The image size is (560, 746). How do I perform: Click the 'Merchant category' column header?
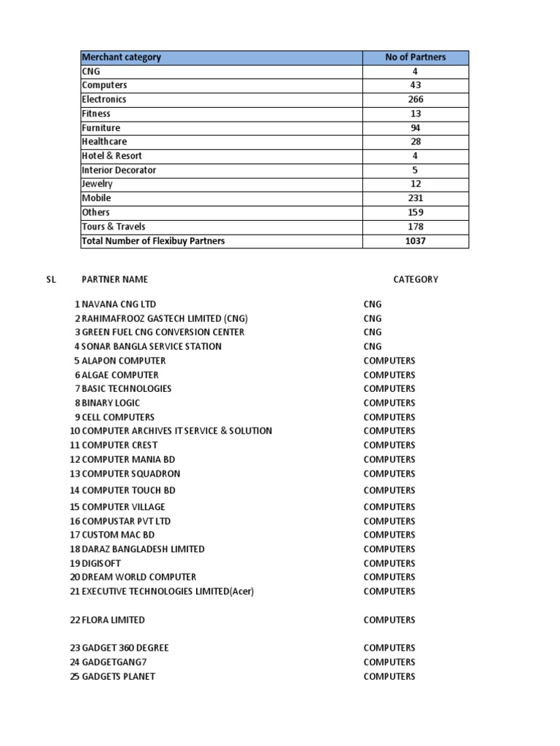122,58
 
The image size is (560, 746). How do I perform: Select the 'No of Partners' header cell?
416,58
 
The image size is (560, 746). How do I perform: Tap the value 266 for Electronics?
416,100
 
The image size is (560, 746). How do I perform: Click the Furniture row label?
101,128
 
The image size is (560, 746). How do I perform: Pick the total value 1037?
416,241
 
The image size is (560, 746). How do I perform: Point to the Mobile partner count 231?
416,198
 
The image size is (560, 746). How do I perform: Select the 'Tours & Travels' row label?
114,227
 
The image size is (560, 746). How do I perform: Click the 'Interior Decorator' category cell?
119,170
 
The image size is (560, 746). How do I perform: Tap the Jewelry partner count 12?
416,184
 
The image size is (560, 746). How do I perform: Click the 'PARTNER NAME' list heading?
114,280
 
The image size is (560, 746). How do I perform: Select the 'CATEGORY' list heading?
416,280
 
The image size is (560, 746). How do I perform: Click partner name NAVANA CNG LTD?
119,305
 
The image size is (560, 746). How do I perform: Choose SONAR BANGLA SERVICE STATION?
152,347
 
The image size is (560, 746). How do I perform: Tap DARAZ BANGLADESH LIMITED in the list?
144,549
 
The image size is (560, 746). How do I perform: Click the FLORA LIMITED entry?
114,620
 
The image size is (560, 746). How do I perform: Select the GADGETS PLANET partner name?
119,677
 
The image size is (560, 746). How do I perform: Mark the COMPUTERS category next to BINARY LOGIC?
389,403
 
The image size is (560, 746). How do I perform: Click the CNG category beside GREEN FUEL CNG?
373,332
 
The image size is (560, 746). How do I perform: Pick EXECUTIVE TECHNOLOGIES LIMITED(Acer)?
168,592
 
